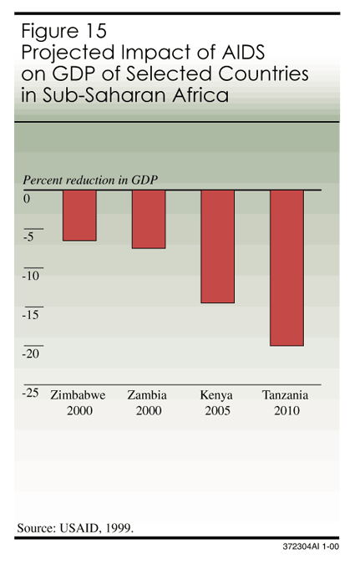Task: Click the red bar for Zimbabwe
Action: tap(79, 215)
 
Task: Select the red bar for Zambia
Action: tap(148, 219)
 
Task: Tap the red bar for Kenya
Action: tap(217, 246)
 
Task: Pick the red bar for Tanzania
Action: tap(286, 267)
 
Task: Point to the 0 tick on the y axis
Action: tap(27, 199)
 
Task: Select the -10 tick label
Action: tap(31, 276)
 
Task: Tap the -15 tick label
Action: tap(31, 315)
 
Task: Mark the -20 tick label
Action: tap(31, 353)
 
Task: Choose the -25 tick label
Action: tap(31, 392)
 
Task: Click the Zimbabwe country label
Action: tap(79, 395)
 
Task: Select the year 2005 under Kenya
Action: tap(216, 411)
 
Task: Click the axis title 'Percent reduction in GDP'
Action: tap(90, 180)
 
